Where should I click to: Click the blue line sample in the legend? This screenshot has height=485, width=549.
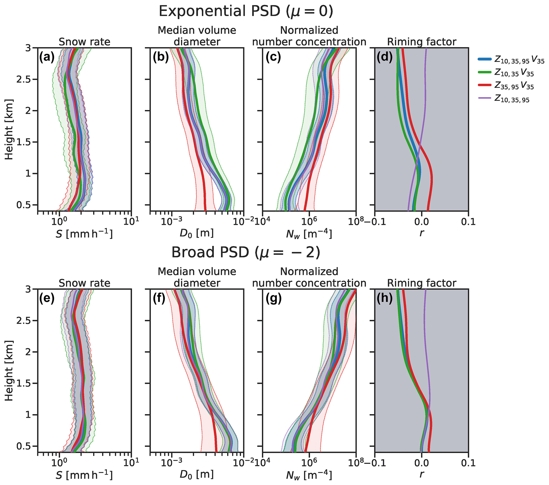484,60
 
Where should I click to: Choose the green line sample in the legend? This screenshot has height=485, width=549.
484,73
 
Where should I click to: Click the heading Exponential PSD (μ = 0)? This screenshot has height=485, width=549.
246,11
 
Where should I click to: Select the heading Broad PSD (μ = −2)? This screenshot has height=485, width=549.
246,253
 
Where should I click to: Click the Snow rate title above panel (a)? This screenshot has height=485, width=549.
84,42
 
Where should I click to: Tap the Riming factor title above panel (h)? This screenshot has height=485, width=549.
422,283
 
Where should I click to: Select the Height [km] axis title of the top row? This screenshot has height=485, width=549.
9,129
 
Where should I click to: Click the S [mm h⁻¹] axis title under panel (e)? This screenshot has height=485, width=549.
84,475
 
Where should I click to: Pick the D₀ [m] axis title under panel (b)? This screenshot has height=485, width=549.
197,233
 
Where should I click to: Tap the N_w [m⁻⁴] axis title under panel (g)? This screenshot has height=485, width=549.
309,475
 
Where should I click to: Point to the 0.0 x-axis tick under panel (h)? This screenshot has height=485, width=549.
422,463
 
